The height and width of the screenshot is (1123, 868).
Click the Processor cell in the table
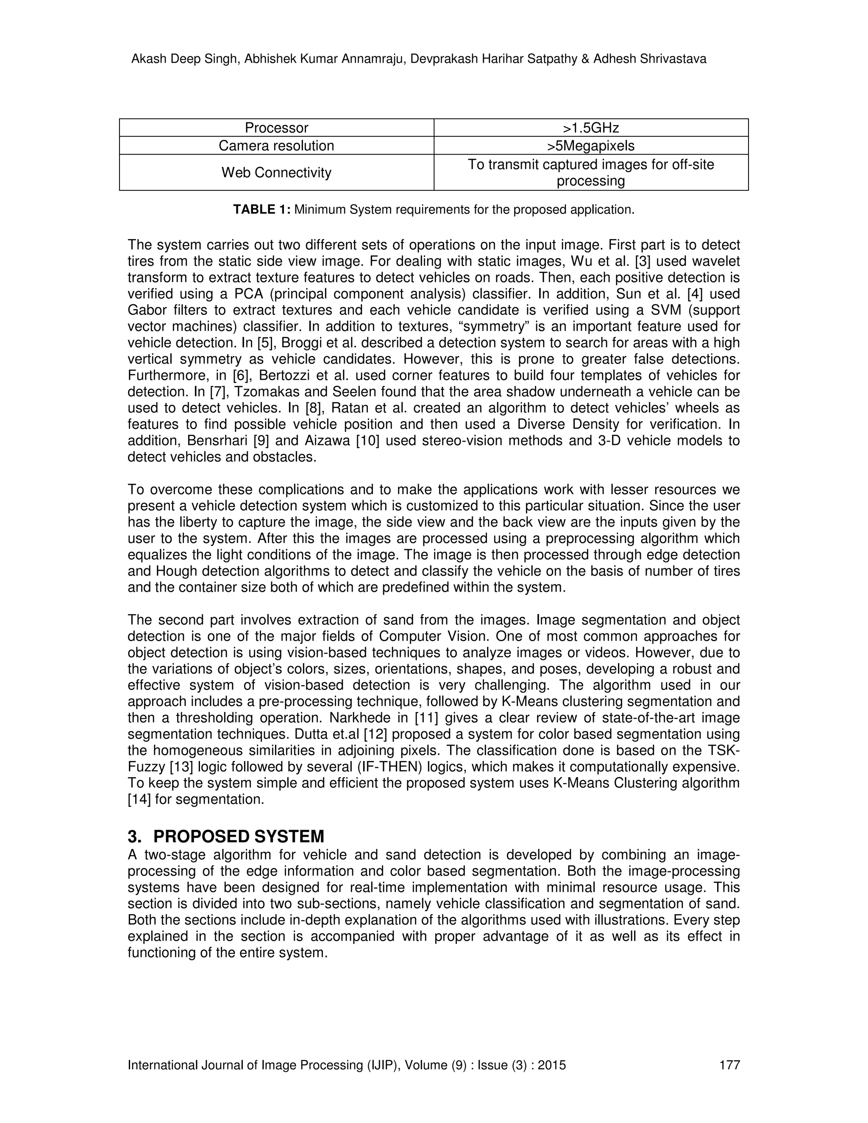(276, 128)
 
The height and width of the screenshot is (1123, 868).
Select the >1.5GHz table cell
(591, 128)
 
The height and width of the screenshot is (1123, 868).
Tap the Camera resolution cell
(276, 145)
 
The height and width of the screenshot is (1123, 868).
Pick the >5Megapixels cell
(591, 145)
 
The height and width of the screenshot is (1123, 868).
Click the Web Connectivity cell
(276, 172)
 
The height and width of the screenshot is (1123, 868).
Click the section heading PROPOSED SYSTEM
(239, 837)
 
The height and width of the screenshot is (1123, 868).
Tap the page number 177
(729, 1065)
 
